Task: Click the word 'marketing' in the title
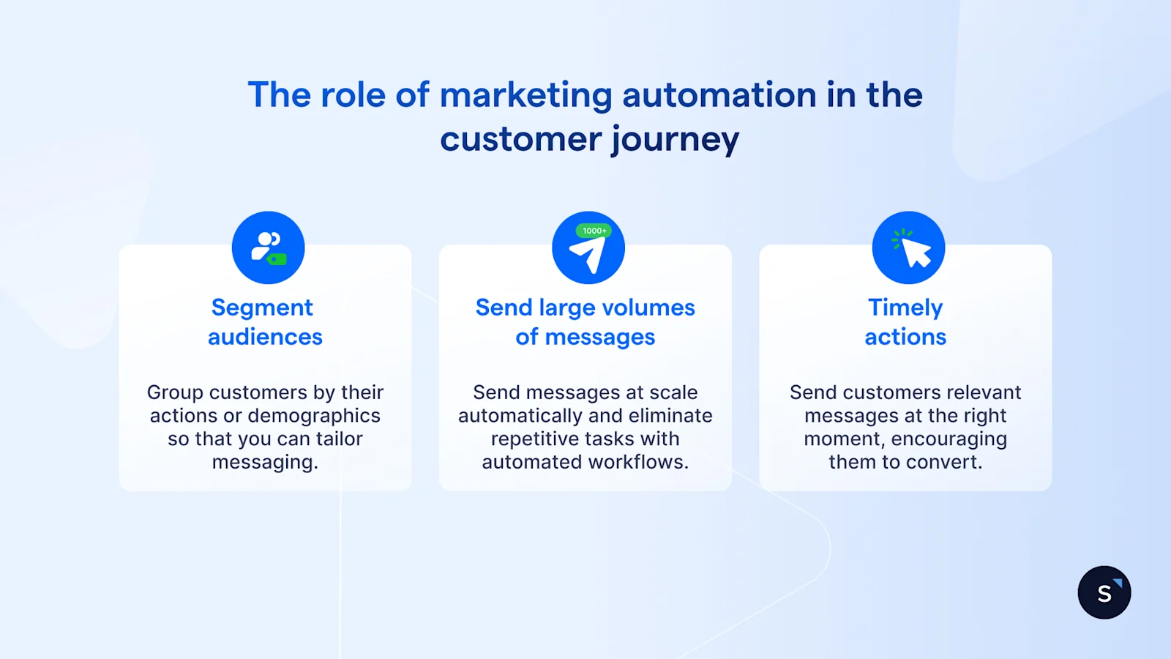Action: pos(525,96)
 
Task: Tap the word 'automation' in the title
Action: pos(719,95)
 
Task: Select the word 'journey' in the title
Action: pos(675,140)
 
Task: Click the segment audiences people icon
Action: pos(268,247)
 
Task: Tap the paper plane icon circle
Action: pos(588,247)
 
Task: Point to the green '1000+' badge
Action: pos(594,231)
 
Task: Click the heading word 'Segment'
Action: pos(262,308)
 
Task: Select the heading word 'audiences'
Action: pos(265,337)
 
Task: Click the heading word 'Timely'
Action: pos(905,308)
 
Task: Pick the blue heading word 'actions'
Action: pos(905,337)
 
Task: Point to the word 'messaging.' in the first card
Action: pos(265,463)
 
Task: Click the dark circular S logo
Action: pos(1104,592)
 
